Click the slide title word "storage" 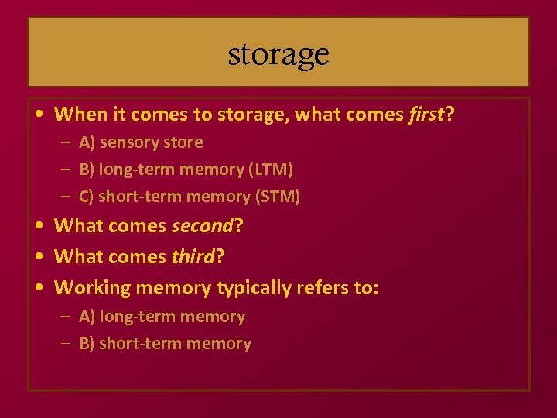point(278,54)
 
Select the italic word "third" point(193,257)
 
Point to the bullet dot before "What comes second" point(39,226)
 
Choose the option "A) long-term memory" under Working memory point(162,317)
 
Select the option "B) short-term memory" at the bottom point(165,344)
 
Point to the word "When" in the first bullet point(80,115)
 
